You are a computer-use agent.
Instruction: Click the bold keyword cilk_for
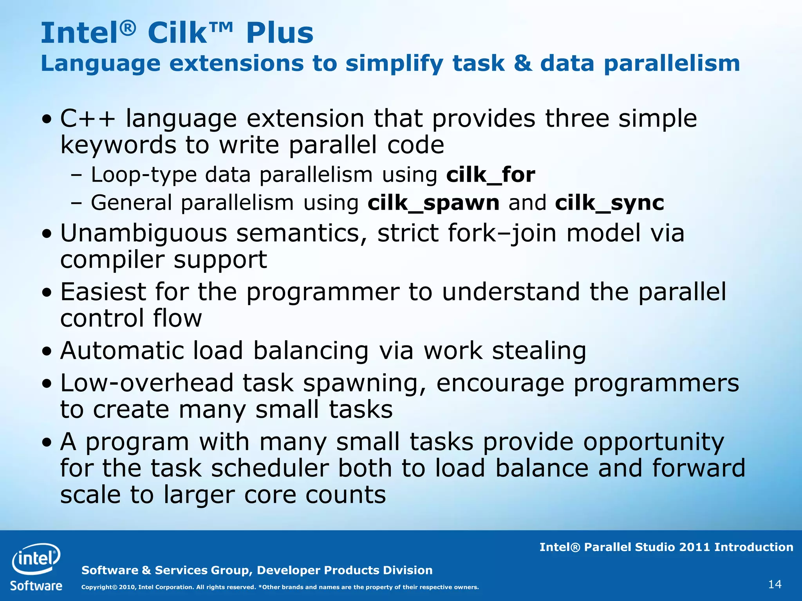tap(490, 175)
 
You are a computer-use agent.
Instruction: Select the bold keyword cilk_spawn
tap(434, 203)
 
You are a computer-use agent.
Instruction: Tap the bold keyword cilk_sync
tap(609, 203)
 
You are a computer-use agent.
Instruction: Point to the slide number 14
tap(775, 585)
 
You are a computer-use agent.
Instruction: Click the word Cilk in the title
tap(177, 33)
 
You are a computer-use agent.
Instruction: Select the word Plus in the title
tap(280, 33)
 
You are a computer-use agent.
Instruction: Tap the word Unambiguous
tap(143, 233)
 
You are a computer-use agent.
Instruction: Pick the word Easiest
tap(103, 292)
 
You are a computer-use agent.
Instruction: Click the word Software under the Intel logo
tap(36, 586)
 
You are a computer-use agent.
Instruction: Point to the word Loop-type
tap(144, 175)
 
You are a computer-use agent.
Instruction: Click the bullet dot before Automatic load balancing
tap(47, 351)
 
